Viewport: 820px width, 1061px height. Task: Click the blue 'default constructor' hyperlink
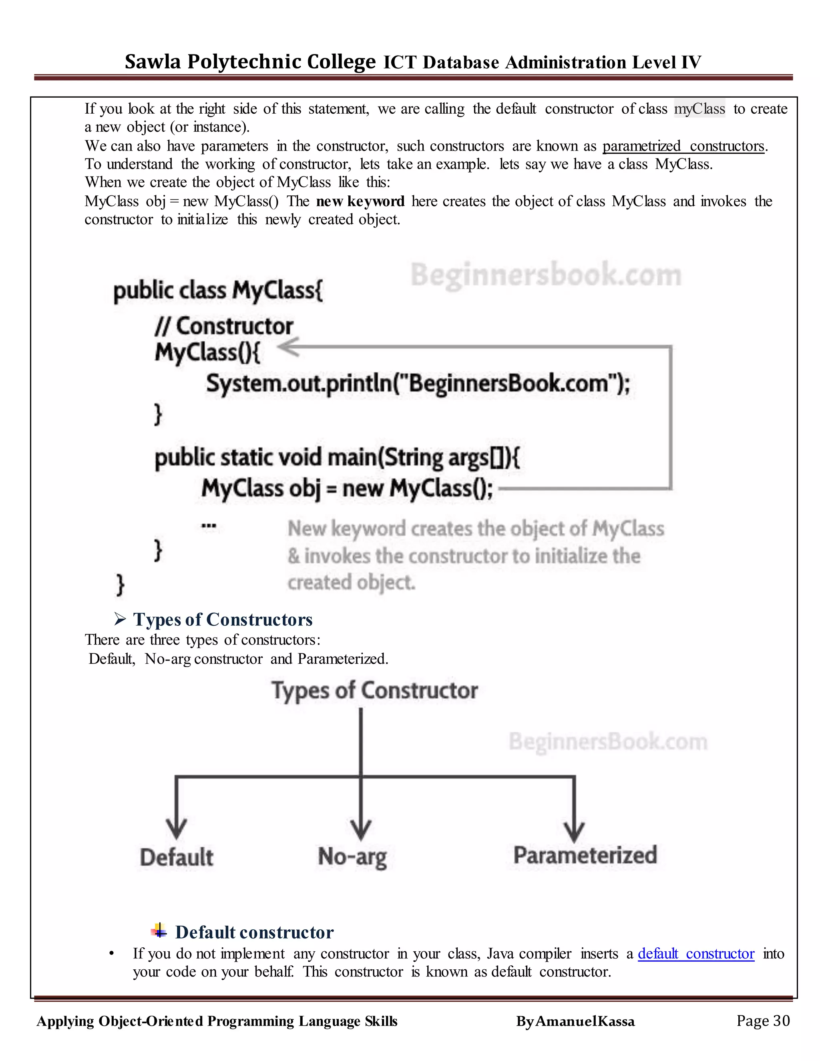[x=695, y=954]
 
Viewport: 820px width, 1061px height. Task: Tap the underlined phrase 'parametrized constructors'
[x=683, y=146]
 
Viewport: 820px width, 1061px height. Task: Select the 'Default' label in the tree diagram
[x=176, y=858]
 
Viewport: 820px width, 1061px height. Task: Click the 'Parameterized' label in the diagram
[x=585, y=856]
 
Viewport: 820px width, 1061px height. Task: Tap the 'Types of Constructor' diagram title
[x=374, y=690]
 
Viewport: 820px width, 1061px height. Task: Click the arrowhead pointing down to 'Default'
[x=176, y=827]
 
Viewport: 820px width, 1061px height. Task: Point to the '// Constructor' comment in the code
[x=224, y=326]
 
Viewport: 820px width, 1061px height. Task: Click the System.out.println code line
[x=418, y=384]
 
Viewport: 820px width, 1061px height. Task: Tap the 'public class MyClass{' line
[x=218, y=291]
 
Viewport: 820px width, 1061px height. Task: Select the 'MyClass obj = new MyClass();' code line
[x=347, y=488]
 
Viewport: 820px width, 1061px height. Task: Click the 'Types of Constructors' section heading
[x=223, y=620]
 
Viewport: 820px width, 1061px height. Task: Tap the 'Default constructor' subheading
[x=254, y=932]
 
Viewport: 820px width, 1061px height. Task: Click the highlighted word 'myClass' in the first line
[x=699, y=109]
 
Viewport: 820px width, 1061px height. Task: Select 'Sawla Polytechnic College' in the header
[x=250, y=62]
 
